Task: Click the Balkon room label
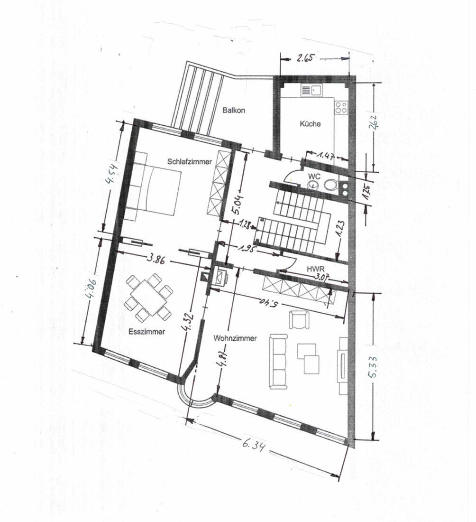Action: point(234,110)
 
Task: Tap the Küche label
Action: point(310,124)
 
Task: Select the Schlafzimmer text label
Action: point(190,162)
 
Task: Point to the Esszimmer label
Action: point(146,332)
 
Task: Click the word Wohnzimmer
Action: point(235,338)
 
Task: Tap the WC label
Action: point(314,177)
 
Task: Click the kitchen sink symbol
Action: point(311,90)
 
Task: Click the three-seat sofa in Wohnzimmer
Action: point(278,362)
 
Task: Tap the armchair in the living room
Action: point(299,319)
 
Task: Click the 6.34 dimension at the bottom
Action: point(254,445)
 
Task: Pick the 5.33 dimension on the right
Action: point(372,367)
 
